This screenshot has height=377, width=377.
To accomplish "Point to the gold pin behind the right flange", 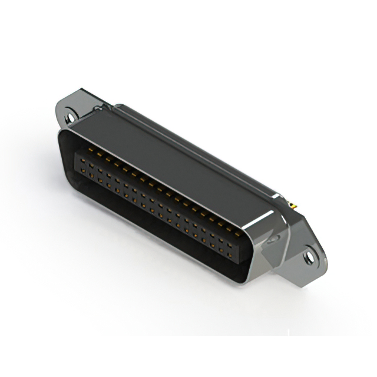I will coord(292,206).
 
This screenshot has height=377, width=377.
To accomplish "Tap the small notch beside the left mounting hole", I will coord(98,109).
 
